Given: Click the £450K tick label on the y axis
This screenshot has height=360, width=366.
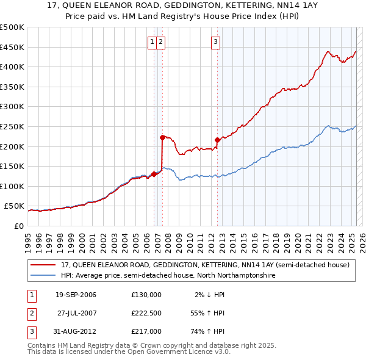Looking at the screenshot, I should [x=12, y=47].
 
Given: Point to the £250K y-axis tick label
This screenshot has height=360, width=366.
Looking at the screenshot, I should [x=12, y=127].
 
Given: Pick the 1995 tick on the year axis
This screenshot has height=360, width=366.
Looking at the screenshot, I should [x=28, y=238].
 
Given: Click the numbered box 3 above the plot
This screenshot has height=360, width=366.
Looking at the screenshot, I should [x=216, y=42].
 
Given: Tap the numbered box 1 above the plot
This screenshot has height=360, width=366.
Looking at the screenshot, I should [x=151, y=42].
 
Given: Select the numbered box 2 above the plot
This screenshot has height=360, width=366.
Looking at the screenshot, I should [x=160, y=42].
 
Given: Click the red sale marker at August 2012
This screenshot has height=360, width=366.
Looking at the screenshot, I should [x=218, y=140].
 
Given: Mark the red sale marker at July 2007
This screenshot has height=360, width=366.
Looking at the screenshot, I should [x=162, y=137].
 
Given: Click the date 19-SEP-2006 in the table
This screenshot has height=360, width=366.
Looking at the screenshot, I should [x=76, y=295].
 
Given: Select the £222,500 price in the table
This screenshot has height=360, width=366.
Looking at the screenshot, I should [x=146, y=313].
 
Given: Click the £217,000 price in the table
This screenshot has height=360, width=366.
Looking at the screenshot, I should [x=146, y=331].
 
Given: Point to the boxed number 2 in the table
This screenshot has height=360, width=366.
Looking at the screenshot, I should [x=31, y=313].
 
